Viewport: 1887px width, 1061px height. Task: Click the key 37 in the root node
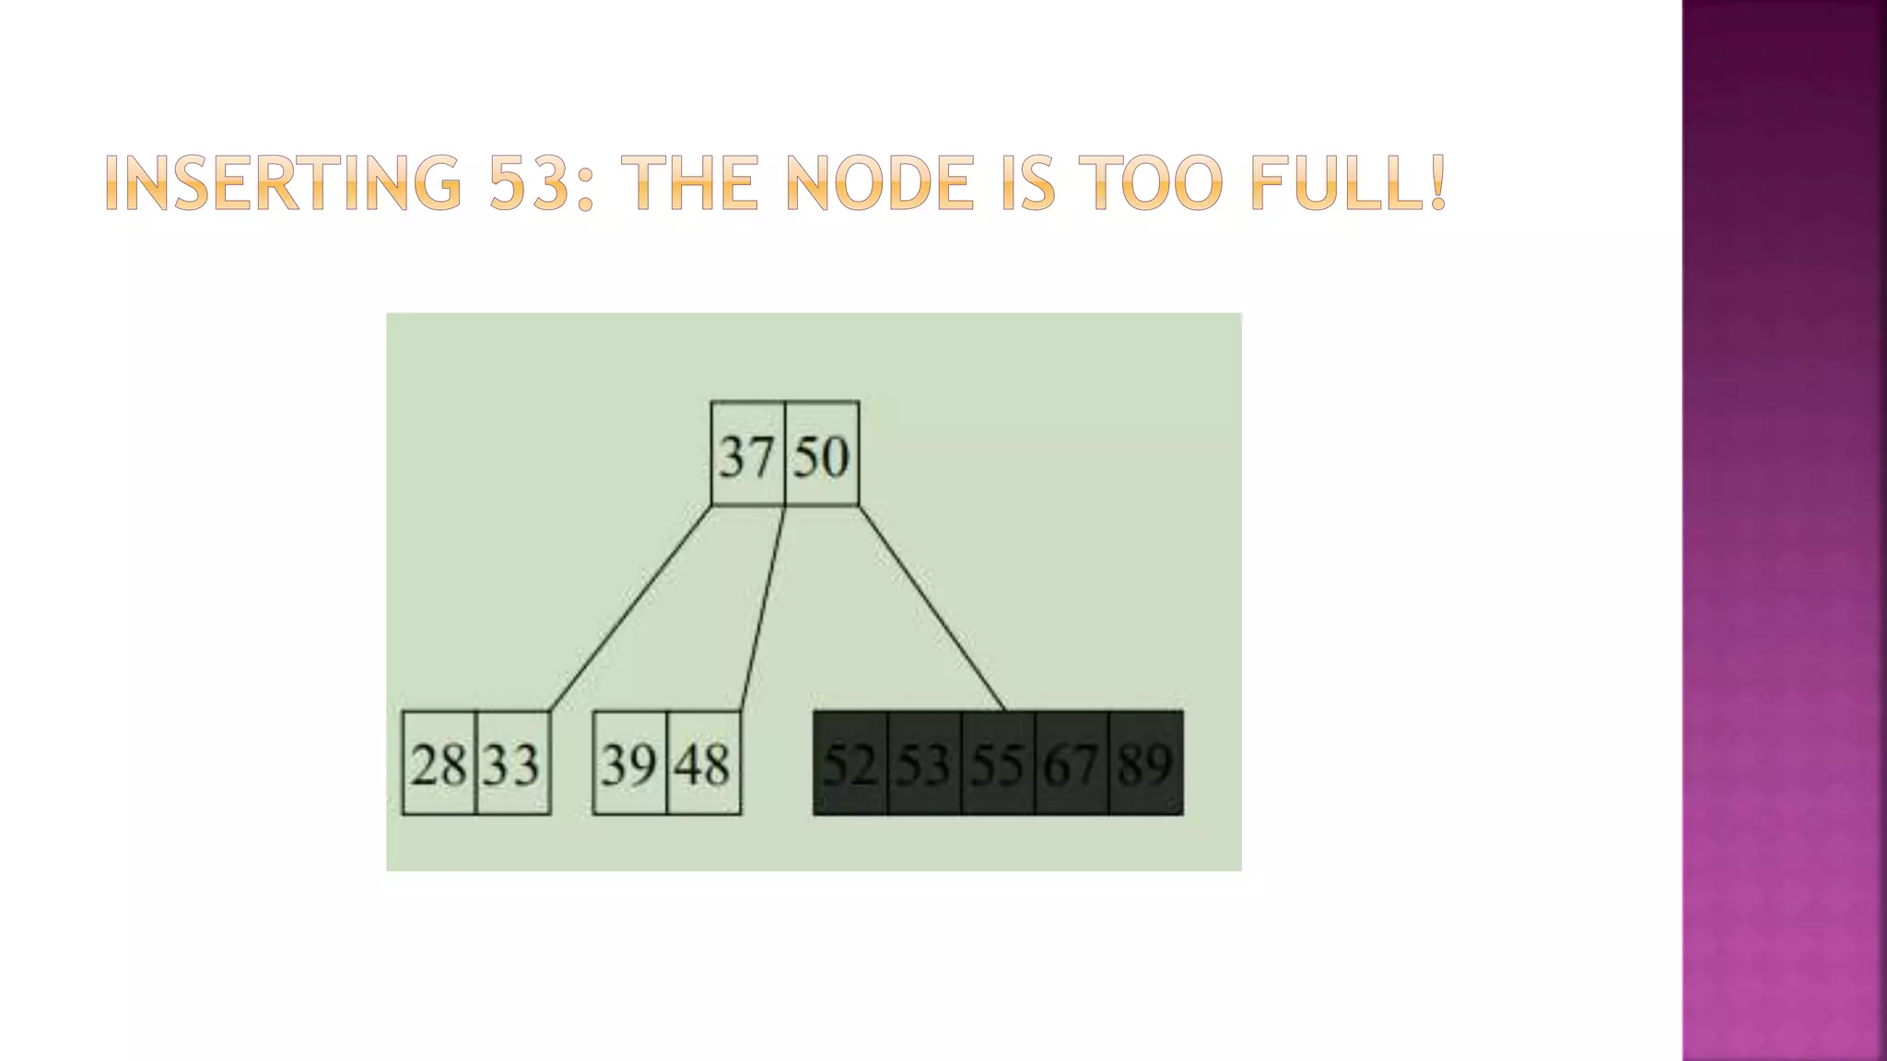click(746, 456)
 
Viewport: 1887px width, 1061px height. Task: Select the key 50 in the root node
click(821, 456)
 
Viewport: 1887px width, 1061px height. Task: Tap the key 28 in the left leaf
click(439, 764)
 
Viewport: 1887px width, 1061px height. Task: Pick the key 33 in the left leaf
click(512, 764)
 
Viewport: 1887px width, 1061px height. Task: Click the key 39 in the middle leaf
click(629, 764)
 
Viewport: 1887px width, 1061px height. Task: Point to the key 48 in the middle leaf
click(703, 764)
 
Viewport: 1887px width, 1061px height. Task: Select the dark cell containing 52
click(850, 764)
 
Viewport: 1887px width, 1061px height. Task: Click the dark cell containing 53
click(924, 764)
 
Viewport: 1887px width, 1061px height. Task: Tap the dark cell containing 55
click(998, 764)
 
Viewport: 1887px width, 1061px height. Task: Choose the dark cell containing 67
click(1072, 764)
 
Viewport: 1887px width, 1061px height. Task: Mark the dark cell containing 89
click(1145, 764)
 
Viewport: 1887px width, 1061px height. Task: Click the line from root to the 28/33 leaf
click(630, 609)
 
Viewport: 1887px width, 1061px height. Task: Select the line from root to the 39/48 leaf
click(763, 609)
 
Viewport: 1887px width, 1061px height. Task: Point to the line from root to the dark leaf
click(932, 609)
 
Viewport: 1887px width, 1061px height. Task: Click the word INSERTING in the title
click(283, 183)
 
